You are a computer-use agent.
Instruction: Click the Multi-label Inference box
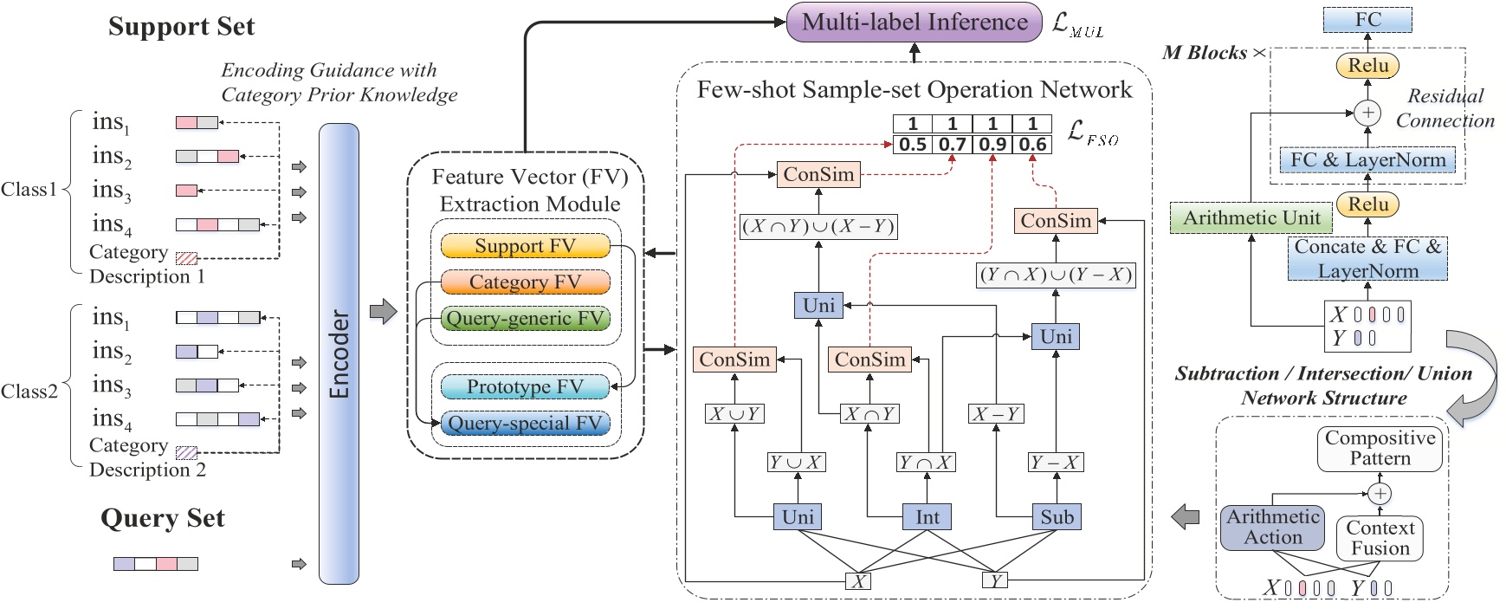point(914,23)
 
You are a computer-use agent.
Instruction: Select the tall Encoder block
point(339,353)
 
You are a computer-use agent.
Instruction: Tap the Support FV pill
point(525,246)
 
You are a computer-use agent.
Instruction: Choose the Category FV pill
point(525,282)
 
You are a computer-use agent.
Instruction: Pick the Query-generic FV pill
point(525,319)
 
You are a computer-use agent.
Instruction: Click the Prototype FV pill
point(525,386)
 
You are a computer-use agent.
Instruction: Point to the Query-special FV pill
point(525,423)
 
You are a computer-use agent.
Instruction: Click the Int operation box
point(927,517)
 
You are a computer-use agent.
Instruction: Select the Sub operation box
point(1057,517)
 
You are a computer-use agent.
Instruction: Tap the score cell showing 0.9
point(992,144)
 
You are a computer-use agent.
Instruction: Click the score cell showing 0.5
point(913,144)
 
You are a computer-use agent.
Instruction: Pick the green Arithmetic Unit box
point(1251,218)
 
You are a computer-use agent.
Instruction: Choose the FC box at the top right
point(1367,19)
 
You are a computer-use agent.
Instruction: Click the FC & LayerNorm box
point(1367,159)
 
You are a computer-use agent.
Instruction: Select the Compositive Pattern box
point(1380,448)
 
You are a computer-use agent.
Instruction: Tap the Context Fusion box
point(1380,538)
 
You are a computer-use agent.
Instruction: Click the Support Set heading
point(181,27)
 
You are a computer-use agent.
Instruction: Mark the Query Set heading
point(163,518)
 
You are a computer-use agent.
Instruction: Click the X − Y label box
point(996,414)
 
